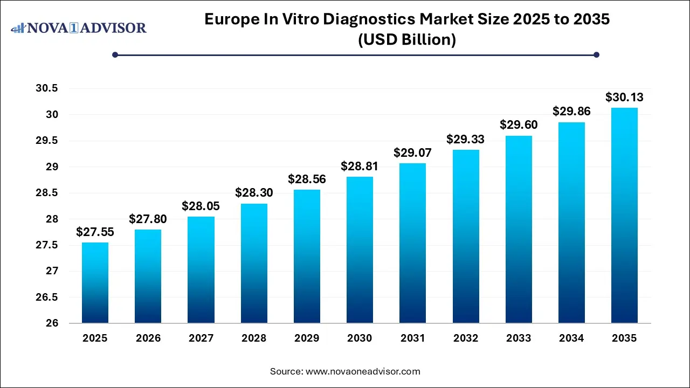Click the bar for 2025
95,283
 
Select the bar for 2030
359,250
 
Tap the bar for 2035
624,216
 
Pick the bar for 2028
253,264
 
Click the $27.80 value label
148,219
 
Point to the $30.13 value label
624,98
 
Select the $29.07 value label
412,153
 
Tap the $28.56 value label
306,179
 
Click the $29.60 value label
518,125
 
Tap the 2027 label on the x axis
201,338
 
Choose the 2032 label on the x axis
465,338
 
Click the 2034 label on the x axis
571,338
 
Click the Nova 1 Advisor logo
79,27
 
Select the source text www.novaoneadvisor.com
363,371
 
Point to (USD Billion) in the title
407,40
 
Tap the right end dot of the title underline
596,54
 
